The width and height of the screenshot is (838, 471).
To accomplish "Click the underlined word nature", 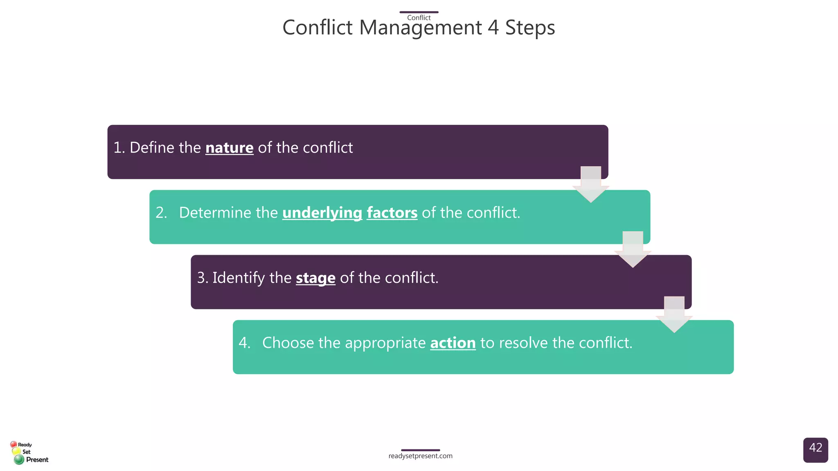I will coord(229,148).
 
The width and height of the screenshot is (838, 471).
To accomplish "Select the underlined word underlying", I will coord(322,213).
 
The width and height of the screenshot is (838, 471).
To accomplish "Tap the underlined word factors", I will coord(392,213).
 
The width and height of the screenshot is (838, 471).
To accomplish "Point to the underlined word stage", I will coord(315,278).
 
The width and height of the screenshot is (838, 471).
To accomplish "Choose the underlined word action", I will coord(453,343).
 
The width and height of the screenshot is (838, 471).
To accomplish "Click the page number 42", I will coord(815,448).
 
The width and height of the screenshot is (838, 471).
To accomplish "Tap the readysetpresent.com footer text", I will coord(420,456).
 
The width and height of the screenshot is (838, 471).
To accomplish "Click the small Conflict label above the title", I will coord(419,18).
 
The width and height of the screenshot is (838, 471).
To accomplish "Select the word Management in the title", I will coord(420,28).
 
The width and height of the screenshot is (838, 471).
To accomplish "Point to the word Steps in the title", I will coord(530,28).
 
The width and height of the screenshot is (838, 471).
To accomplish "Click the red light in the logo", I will coord(14,444).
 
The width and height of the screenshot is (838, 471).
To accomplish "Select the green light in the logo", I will coord(19,460).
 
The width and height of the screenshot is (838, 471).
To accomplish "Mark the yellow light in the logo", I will coord(16,451).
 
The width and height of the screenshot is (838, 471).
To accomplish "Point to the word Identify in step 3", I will coord(238,278).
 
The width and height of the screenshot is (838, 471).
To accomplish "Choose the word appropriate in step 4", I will coord(385,343).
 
